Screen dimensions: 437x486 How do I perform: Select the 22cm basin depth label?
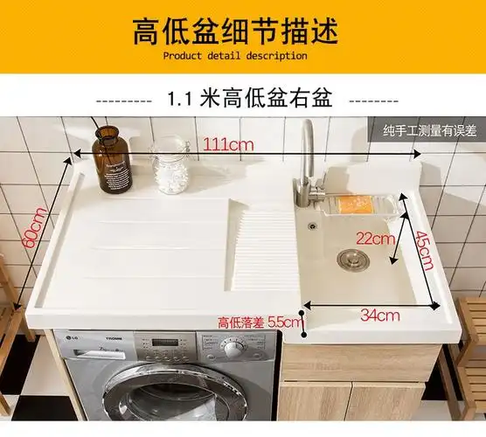tap(374, 237)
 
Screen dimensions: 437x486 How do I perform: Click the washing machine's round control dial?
tap(233, 350)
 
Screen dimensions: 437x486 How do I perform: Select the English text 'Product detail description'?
tap(235, 56)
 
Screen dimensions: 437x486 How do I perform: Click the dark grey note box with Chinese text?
tap(429, 131)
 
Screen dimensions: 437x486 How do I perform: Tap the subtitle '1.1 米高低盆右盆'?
tap(249, 99)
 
